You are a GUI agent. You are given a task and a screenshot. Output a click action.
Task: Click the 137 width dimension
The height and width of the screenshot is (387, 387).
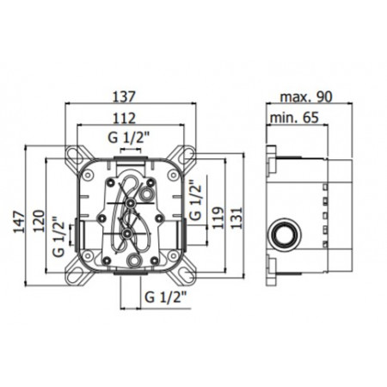click(x=132, y=97)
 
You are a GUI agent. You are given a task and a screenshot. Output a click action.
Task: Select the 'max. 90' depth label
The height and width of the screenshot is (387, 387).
click(x=302, y=97)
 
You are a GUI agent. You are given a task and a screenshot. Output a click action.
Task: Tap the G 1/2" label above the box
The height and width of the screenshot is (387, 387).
click(x=131, y=138)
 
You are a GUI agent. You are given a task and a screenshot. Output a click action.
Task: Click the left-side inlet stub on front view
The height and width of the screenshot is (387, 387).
click(x=71, y=232)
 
